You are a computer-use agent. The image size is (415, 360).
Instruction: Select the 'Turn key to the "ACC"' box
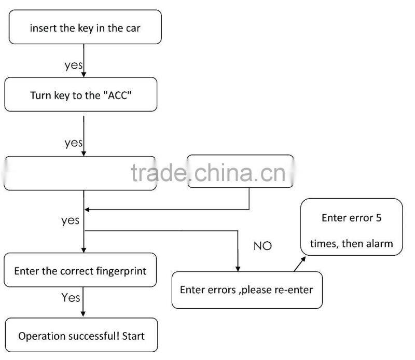pyautogui.click(x=80, y=95)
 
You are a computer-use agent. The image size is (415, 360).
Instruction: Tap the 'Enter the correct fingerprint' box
pyautogui.click(x=80, y=271)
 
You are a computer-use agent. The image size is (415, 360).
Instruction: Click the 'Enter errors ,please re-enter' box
pyautogui.click(x=246, y=289)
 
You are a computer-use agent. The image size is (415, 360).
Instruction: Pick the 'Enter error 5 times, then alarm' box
pyautogui.click(x=351, y=228)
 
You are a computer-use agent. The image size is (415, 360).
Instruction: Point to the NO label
pyautogui.click(x=262, y=246)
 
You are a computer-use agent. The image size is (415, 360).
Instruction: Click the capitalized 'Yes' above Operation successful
pyautogui.click(x=71, y=297)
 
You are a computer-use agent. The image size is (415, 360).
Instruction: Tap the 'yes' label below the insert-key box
pyautogui.click(x=74, y=65)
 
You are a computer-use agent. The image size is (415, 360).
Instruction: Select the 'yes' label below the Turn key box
pyautogui.click(x=74, y=143)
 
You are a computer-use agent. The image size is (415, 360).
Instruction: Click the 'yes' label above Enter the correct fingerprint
pyautogui.click(x=70, y=220)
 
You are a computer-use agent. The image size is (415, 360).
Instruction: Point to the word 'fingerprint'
pyautogui.click(x=122, y=271)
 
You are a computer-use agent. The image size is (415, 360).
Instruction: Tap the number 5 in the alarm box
pyautogui.click(x=378, y=217)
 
